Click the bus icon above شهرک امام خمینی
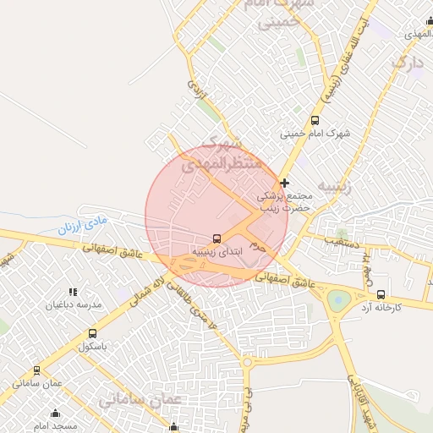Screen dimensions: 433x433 pyautogui.click(x=315, y=120)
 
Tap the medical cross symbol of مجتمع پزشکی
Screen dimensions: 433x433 pyautogui.click(x=285, y=182)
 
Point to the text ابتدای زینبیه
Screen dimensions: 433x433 pyautogui.click(x=217, y=251)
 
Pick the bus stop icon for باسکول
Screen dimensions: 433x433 pyautogui.click(x=91, y=333)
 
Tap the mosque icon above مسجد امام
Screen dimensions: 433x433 pyautogui.click(x=56, y=414)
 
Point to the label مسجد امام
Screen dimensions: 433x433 pyautogui.click(x=56, y=425)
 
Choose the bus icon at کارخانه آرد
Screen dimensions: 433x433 pyautogui.click(x=381, y=294)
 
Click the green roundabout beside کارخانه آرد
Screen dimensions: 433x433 pyautogui.click(x=339, y=299)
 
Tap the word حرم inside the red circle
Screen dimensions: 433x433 pyautogui.click(x=259, y=247)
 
